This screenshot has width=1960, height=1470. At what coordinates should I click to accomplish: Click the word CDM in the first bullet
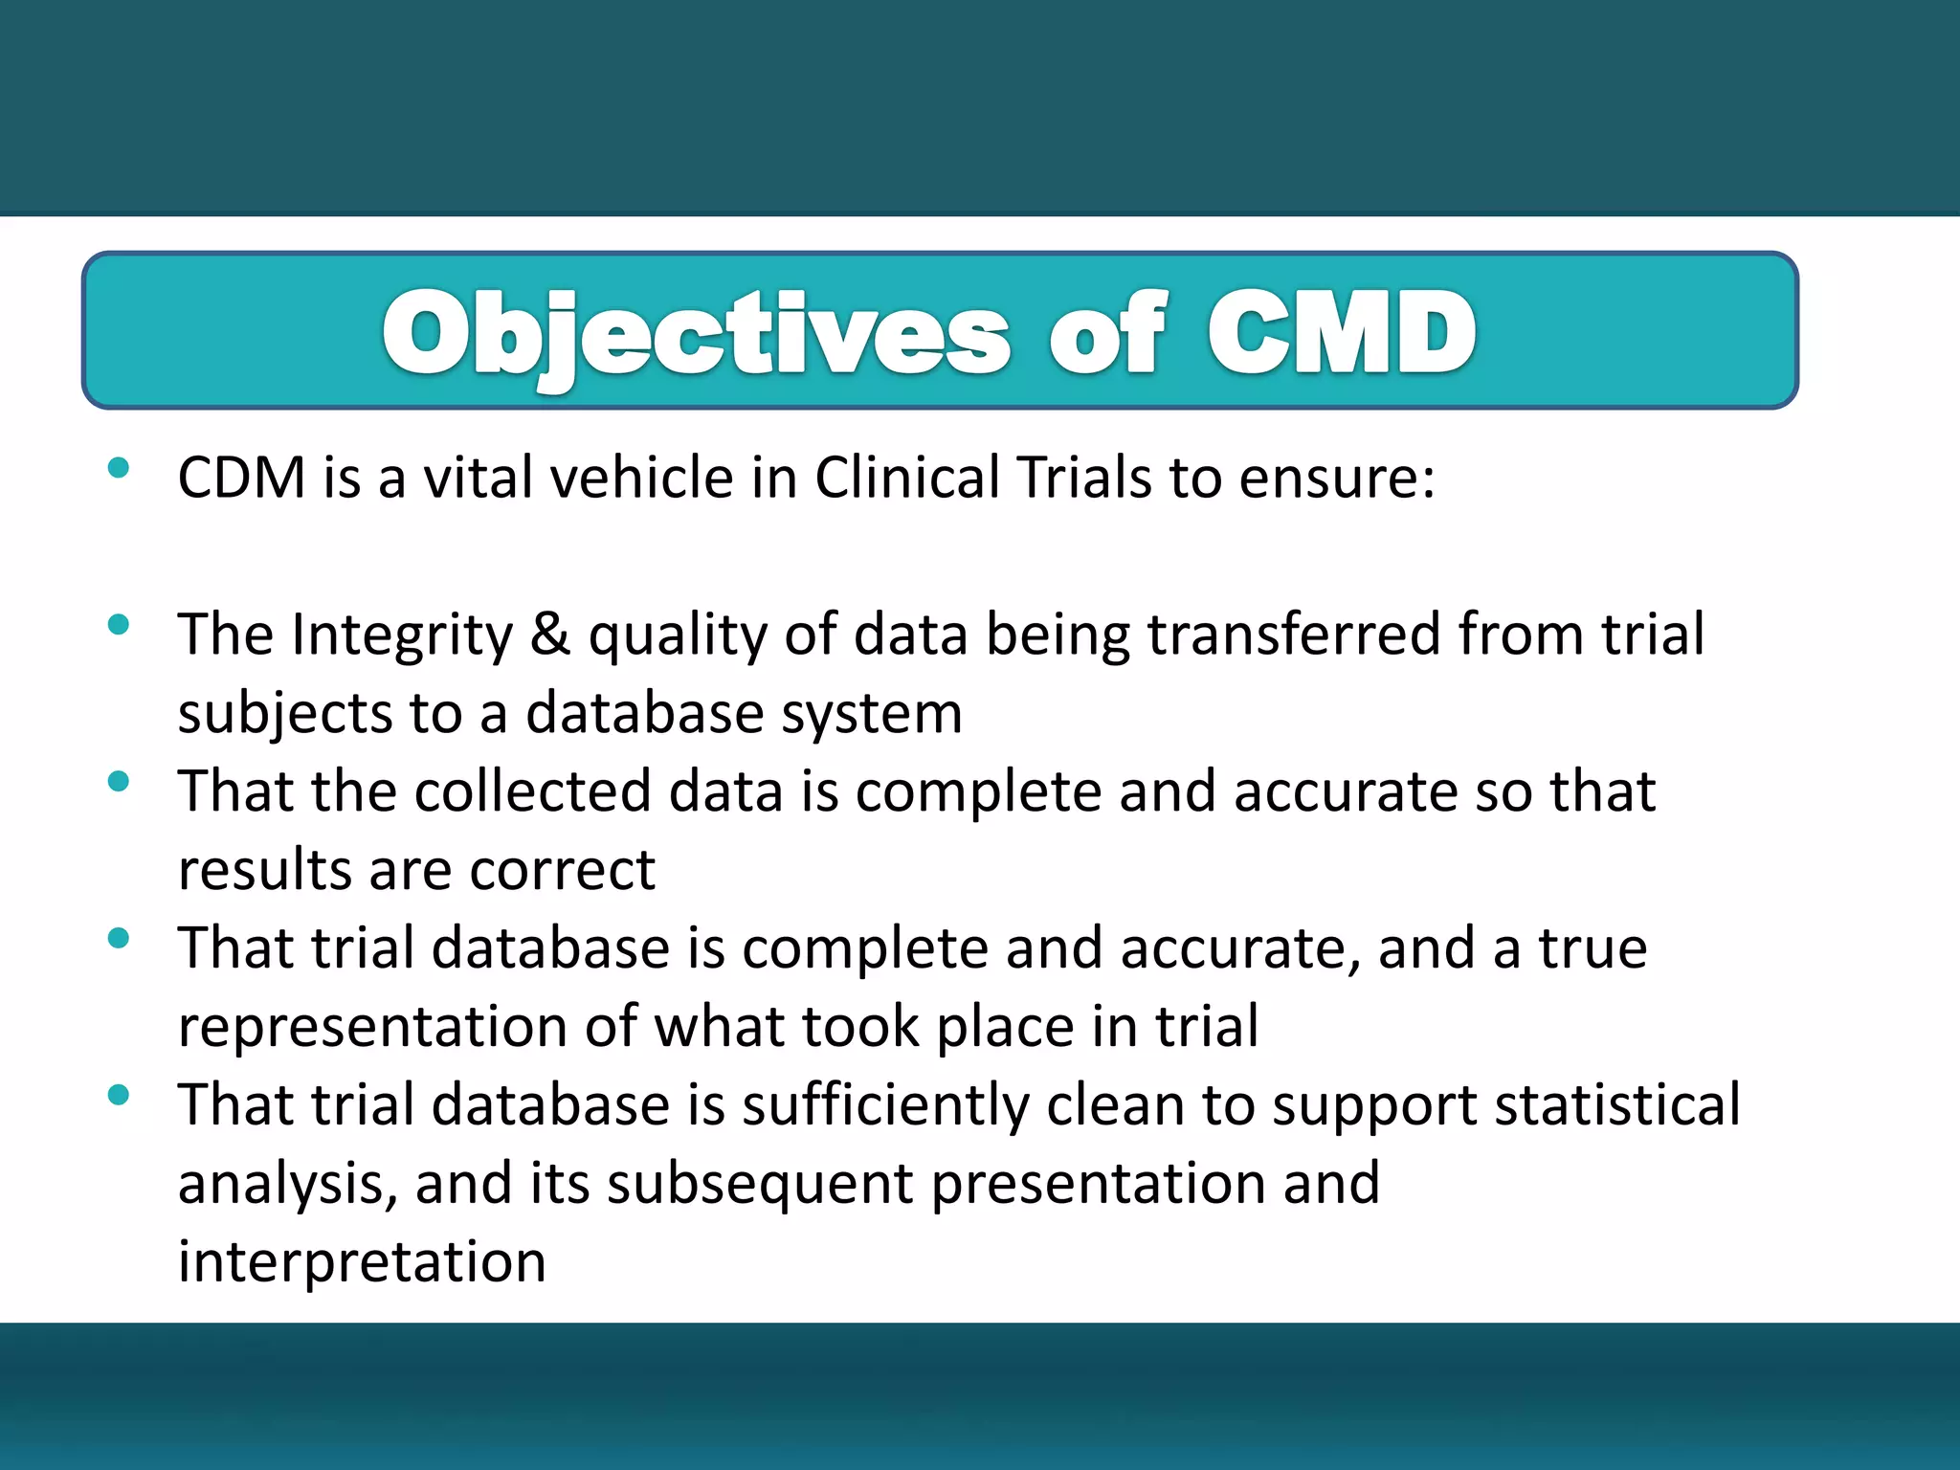coord(241,478)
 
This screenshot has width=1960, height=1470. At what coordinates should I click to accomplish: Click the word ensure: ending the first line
coord(1337,478)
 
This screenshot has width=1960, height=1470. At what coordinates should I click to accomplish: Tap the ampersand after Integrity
coord(550,635)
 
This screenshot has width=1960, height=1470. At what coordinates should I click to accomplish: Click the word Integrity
coord(402,635)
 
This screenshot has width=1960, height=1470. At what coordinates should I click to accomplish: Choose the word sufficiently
coord(885,1106)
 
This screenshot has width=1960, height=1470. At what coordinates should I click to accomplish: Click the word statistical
coord(1617,1105)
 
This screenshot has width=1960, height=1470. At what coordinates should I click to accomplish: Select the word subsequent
coord(760,1185)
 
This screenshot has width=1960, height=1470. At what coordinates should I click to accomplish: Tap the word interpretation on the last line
coord(362,1262)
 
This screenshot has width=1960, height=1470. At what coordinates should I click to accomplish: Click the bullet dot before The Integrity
coord(119,626)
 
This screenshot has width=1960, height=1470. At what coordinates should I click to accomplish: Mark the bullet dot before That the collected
coord(119,782)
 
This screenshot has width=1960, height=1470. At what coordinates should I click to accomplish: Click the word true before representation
coord(1592,949)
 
